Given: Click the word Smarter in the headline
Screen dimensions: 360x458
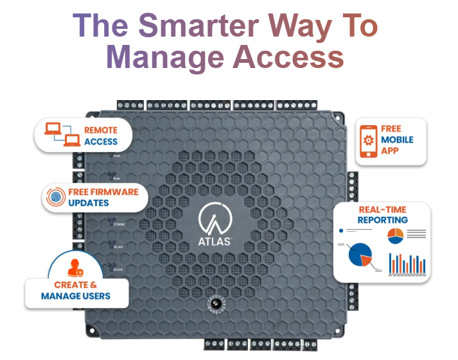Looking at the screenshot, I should [x=199, y=26].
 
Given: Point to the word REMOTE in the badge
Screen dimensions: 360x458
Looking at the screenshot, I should [x=101, y=130].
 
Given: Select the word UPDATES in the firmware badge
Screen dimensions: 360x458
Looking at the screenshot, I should [x=88, y=203].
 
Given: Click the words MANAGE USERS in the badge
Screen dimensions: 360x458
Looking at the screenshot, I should [x=75, y=296].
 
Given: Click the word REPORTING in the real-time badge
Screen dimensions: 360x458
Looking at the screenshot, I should [x=383, y=219].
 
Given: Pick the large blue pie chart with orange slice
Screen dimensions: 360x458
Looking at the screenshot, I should [x=360, y=255].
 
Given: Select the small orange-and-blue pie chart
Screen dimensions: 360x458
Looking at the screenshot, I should [x=396, y=236].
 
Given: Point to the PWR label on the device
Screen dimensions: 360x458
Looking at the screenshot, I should [x=116, y=156].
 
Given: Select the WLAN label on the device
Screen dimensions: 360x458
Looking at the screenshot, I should [x=118, y=246].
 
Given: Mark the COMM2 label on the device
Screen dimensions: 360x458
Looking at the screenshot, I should [x=119, y=224].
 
